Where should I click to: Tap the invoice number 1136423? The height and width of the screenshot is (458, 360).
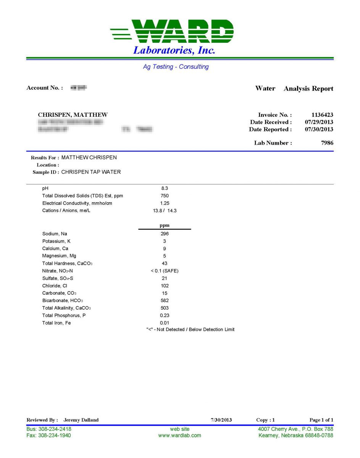click(x=322, y=115)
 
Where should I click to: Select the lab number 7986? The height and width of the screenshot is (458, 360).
click(x=327, y=143)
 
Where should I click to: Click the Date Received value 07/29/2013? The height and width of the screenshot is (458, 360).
click(x=319, y=122)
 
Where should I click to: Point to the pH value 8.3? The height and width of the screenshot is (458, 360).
click(x=165, y=189)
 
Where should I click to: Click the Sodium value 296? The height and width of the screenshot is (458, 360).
click(x=165, y=234)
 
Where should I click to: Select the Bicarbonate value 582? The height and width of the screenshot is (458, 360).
click(x=165, y=301)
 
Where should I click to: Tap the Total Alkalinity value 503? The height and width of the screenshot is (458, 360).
click(x=165, y=308)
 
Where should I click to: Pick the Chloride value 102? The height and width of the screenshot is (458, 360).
click(x=165, y=286)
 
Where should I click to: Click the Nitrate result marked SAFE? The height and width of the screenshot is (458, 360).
click(x=165, y=271)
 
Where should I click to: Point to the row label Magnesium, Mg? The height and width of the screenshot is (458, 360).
click(x=59, y=256)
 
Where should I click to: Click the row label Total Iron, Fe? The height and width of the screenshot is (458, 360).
click(x=57, y=323)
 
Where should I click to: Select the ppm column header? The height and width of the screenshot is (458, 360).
click(x=165, y=225)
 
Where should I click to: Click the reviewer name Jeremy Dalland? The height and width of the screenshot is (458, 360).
click(x=81, y=420)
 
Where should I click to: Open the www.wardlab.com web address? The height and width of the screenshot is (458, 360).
click(x=179, y=435)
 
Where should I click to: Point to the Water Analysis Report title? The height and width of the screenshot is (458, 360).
click(x=294, y=89)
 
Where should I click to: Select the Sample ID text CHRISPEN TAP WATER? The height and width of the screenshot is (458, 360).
click(x=91, y=172)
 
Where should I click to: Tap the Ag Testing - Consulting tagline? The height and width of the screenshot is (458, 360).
click(x=176, y=67)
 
